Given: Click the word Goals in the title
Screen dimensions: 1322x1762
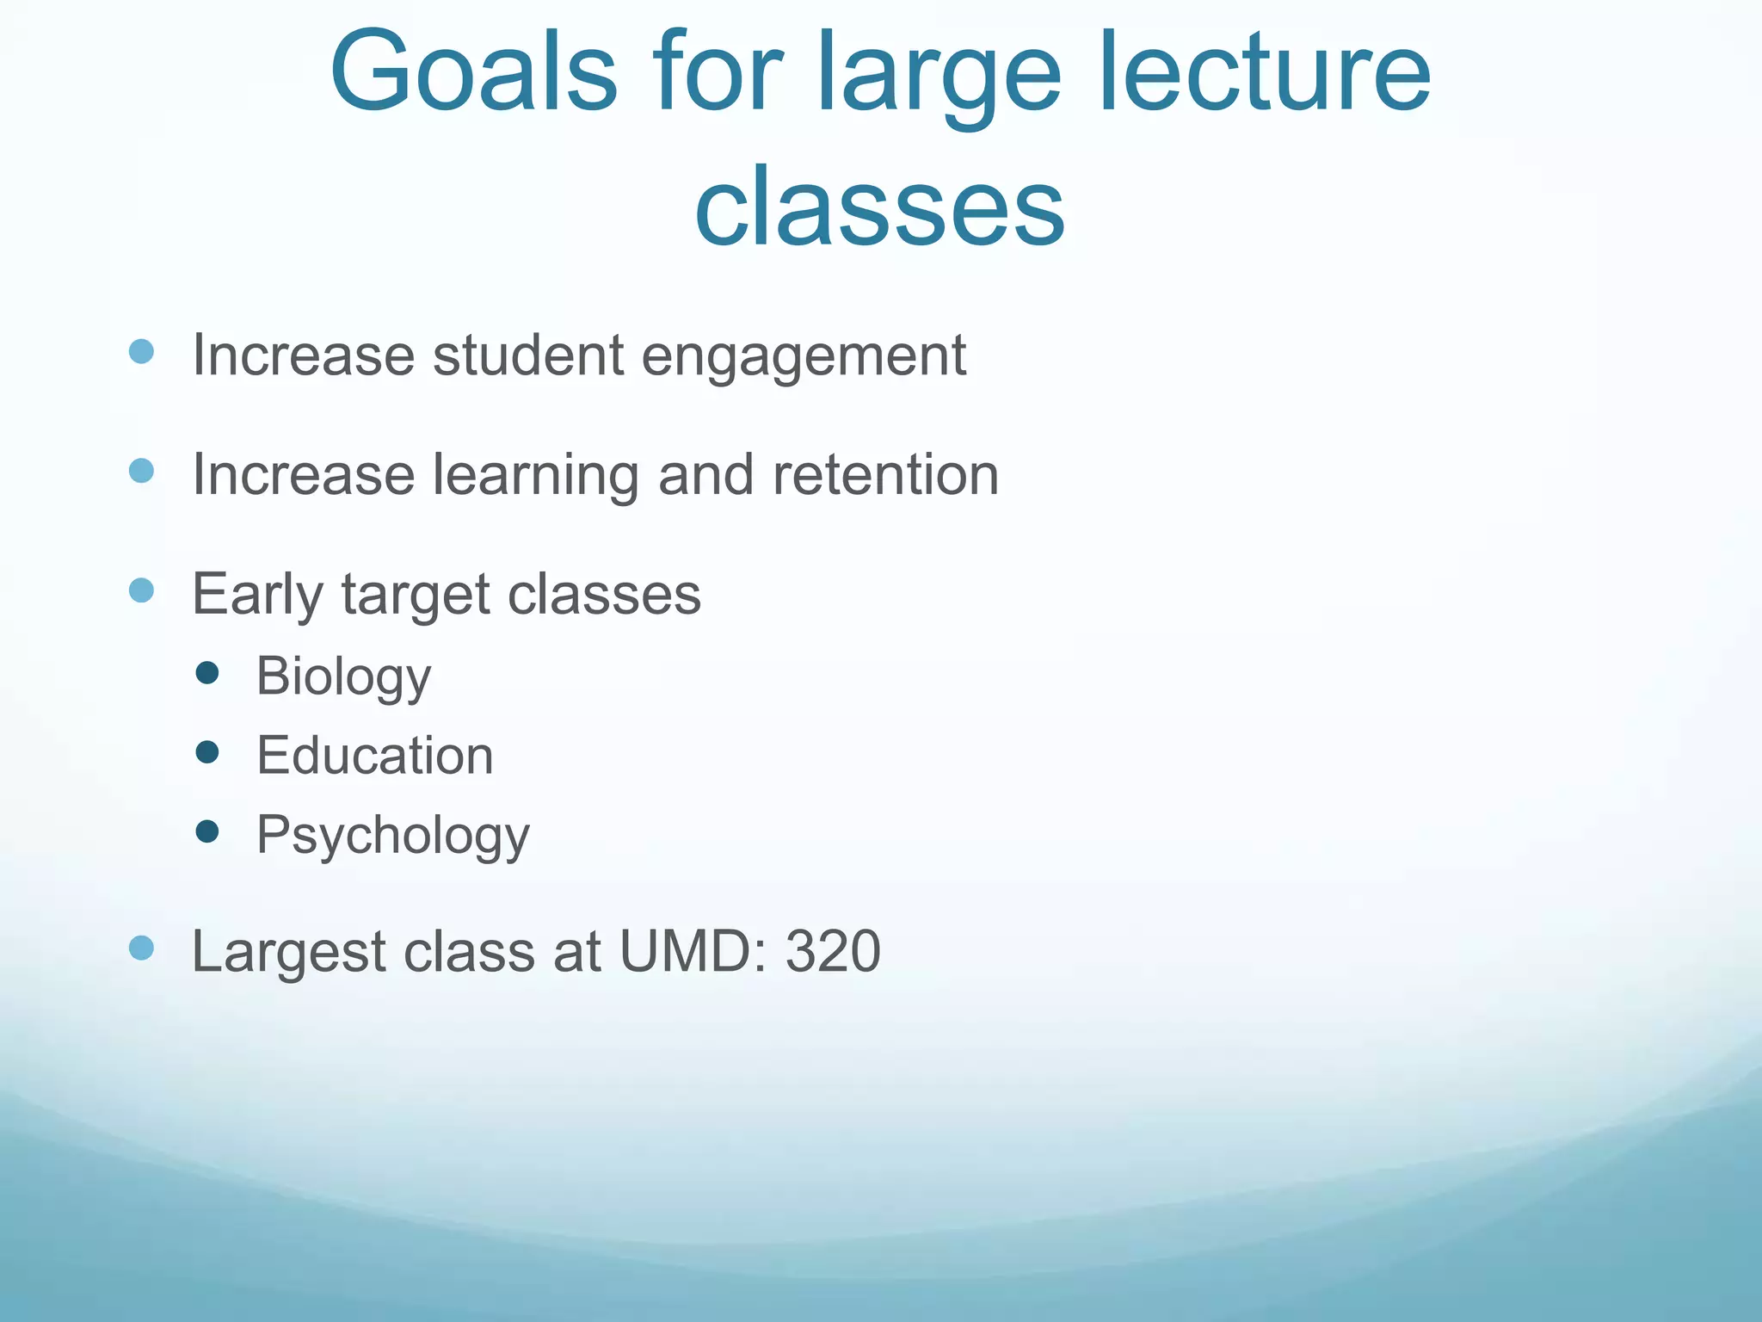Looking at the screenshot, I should click(x=473, y=73).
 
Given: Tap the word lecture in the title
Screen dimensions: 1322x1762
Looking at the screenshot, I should click(x=1265, y=73).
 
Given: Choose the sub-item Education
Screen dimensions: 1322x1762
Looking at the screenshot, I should click(x=375, y=756).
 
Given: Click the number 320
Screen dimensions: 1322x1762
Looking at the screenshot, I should click(x=833, y=951).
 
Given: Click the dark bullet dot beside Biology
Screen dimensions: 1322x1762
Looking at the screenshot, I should click(x=207, y=672).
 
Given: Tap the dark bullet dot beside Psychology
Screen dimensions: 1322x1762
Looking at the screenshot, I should click(x=207, y=831).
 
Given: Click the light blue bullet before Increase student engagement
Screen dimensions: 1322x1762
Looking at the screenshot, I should click(x=141, y=351).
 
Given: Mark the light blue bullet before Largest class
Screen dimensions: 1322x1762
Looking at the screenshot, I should click(x=141, y=948).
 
